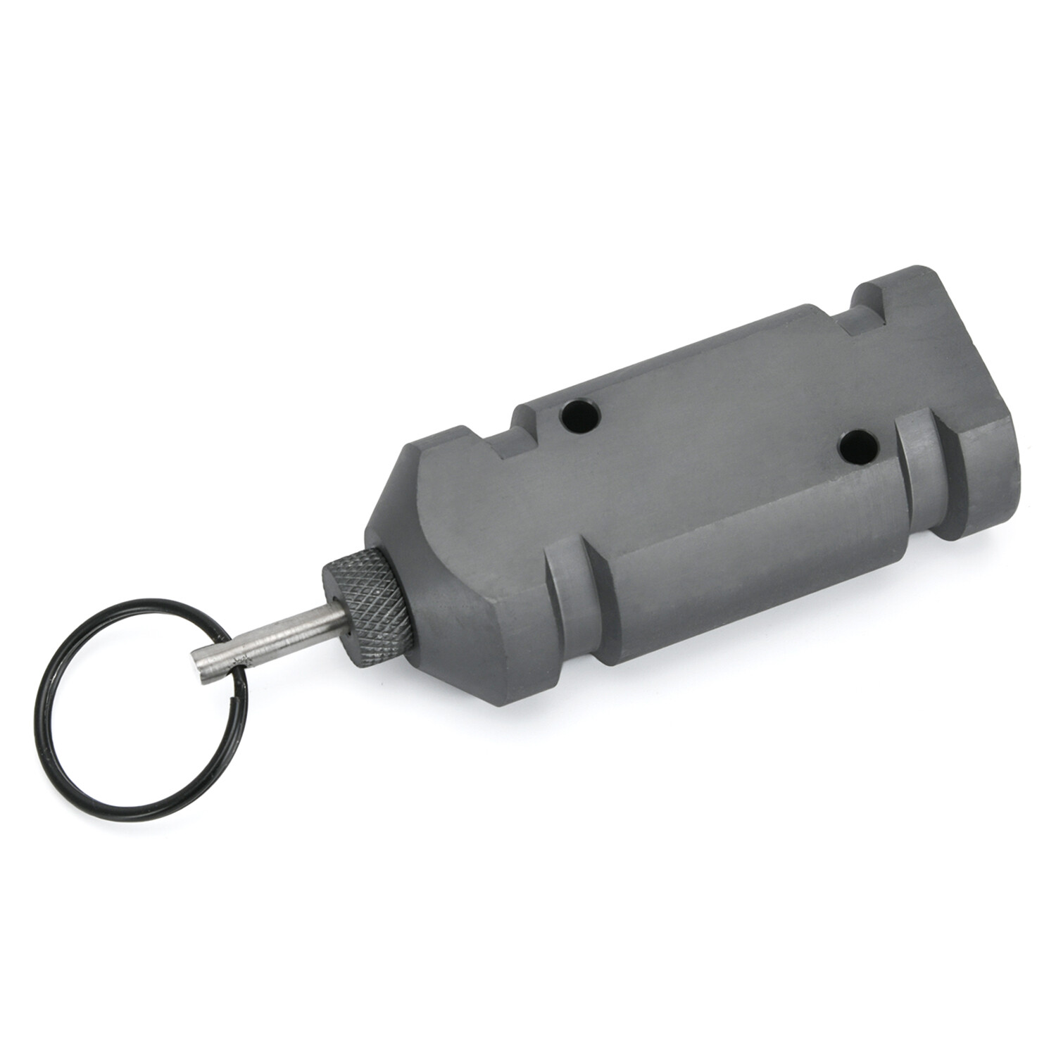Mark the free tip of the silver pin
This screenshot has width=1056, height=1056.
pos(201,665)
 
